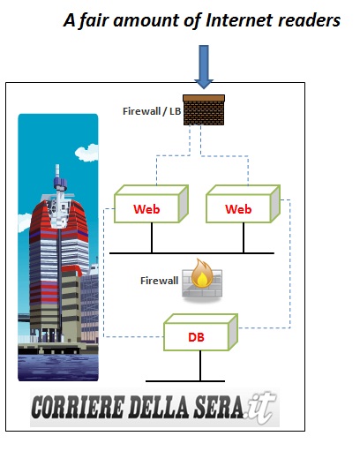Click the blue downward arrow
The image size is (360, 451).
tap(204, 66)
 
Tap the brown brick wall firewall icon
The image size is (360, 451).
tap(204, 109)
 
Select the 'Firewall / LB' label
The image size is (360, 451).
tap(152, 111)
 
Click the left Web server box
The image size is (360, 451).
tap(151, 204)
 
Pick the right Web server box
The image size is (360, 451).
tap(243, 204)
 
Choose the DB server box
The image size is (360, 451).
tap(200, 332)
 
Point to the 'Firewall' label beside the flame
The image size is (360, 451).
tap(159, 281)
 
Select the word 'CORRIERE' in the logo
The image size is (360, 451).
tap(77, 407)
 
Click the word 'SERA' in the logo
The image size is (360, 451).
tap(218, 407)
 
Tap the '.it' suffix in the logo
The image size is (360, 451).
tap(260, 408)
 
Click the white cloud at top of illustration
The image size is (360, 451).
tap(86, 153)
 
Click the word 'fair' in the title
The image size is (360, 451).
tap(95, 21)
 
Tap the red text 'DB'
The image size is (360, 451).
tap(196, 337)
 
